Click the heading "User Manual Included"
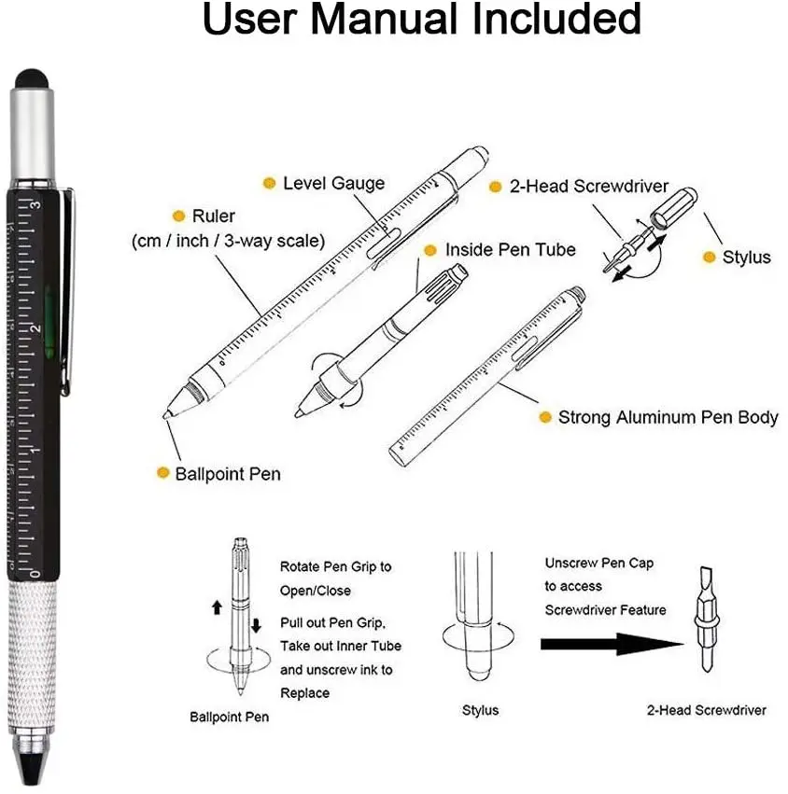(x=421, y=21)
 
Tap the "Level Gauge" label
(x=333, y=183)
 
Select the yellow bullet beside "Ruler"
(x=178, y=216)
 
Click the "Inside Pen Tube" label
(x=510, y=250)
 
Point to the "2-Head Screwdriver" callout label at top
(x=589, y=187)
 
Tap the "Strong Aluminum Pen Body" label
(x=668, y=417)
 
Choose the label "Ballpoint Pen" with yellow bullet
(x=228, y=473)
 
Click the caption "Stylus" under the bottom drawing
(x=480, y=710)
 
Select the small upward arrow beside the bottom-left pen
(x=217, y=607)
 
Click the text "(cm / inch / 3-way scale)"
(x=228, y=241)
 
